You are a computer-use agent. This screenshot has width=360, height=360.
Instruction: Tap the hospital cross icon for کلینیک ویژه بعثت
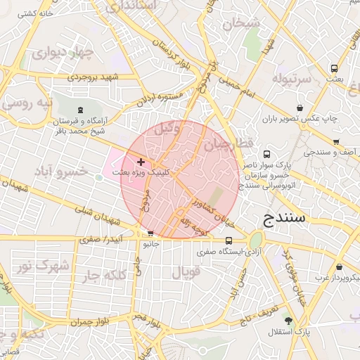[x=141, y=162]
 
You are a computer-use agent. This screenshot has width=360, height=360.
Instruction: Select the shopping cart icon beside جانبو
[x=150, y=233]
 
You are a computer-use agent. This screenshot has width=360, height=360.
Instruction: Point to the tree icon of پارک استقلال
[x=288, y=320]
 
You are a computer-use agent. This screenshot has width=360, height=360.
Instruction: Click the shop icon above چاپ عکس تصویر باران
[x=300, y=108]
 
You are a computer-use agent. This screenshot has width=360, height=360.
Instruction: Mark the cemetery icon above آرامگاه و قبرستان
[x=81, y=110]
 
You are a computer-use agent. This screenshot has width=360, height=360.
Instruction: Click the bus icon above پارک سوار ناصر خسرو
[x=266, y=153]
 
